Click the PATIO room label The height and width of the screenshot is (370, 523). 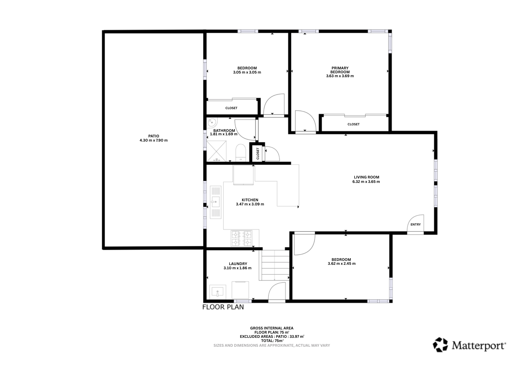point(154,136)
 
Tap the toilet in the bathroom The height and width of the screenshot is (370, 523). point(241,153)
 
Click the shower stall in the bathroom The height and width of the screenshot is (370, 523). point(217,151)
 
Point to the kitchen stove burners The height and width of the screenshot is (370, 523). point(241,238)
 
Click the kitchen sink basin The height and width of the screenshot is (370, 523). point(215,202)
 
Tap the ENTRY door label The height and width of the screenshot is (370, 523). point(416,225)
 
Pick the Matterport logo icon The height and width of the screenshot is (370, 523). point(440,345)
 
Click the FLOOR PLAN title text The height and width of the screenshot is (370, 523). point(223,307)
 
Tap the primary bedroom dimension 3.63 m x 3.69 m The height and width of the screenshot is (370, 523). point(340,76)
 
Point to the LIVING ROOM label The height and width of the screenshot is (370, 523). point(366,177)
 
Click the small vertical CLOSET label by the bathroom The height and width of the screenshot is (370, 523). point(258,154)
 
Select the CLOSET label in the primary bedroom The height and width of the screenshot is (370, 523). point(354,124)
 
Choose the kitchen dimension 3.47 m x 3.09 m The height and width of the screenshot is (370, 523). point(250,204)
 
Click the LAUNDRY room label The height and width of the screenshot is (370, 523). point(238,264)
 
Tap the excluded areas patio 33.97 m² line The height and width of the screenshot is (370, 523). point(272,337)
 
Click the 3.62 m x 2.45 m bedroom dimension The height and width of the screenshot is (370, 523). point(342,264)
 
